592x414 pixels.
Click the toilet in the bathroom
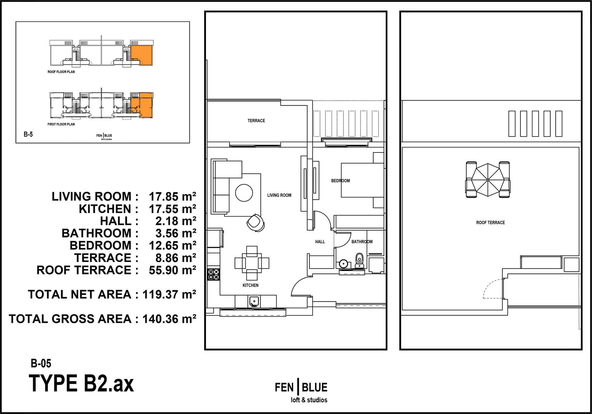360,260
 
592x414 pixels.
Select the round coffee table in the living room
244,193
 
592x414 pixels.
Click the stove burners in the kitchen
213,274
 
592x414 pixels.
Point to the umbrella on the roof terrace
488,180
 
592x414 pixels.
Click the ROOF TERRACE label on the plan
490,222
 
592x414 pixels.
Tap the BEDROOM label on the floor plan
340,181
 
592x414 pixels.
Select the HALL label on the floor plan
320,242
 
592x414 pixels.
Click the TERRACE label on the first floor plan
256,121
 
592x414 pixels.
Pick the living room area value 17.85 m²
172,197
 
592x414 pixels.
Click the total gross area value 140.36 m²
169,319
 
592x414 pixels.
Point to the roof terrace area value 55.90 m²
172,270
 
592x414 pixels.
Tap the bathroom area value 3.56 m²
176,233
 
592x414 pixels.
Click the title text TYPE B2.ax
81,383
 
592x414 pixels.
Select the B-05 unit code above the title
41,363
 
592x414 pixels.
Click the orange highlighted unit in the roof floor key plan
142,55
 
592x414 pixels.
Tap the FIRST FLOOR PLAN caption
61,124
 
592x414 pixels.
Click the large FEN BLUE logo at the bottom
301,392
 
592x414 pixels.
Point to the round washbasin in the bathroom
343,263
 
